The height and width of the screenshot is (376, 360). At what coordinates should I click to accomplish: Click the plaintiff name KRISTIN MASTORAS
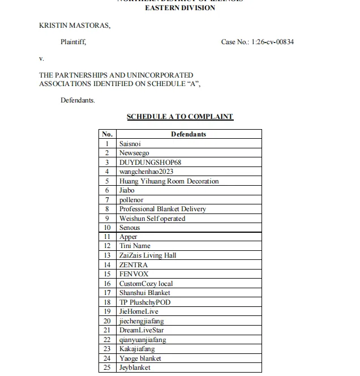coord(75,25)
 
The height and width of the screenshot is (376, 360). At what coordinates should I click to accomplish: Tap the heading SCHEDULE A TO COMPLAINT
coord(179,117)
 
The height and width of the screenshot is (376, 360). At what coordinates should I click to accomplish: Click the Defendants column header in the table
coord(188,135)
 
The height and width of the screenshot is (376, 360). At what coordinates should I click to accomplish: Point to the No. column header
coord(107,135)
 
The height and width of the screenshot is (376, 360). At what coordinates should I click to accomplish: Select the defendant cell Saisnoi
coord(130,144)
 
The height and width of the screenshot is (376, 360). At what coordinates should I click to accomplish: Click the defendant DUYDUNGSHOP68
coord(150,163)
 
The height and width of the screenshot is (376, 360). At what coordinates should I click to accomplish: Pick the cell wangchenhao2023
coord(146,172)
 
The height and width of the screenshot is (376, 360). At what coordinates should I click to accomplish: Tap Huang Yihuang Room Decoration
coord(169,181)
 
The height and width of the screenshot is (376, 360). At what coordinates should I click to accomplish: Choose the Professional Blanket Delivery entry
coord(162,209)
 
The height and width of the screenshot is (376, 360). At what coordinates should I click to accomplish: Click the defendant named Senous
coord(130,228)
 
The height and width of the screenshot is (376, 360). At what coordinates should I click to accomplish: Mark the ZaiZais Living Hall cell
coord(148,255)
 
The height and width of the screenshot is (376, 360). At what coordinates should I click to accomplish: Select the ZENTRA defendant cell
coord(134,264)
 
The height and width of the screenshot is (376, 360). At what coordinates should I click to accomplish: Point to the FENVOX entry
coord(134,274)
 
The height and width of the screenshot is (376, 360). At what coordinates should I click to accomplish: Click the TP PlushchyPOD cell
coord(144,302)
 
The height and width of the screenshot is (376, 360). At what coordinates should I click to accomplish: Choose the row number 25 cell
coord(107,368)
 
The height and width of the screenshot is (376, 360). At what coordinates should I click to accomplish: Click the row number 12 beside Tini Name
coord(107,246)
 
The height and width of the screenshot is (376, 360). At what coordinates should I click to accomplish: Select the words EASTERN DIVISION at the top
coord(180,8)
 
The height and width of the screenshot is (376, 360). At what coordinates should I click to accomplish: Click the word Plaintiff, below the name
coord(74,42)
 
